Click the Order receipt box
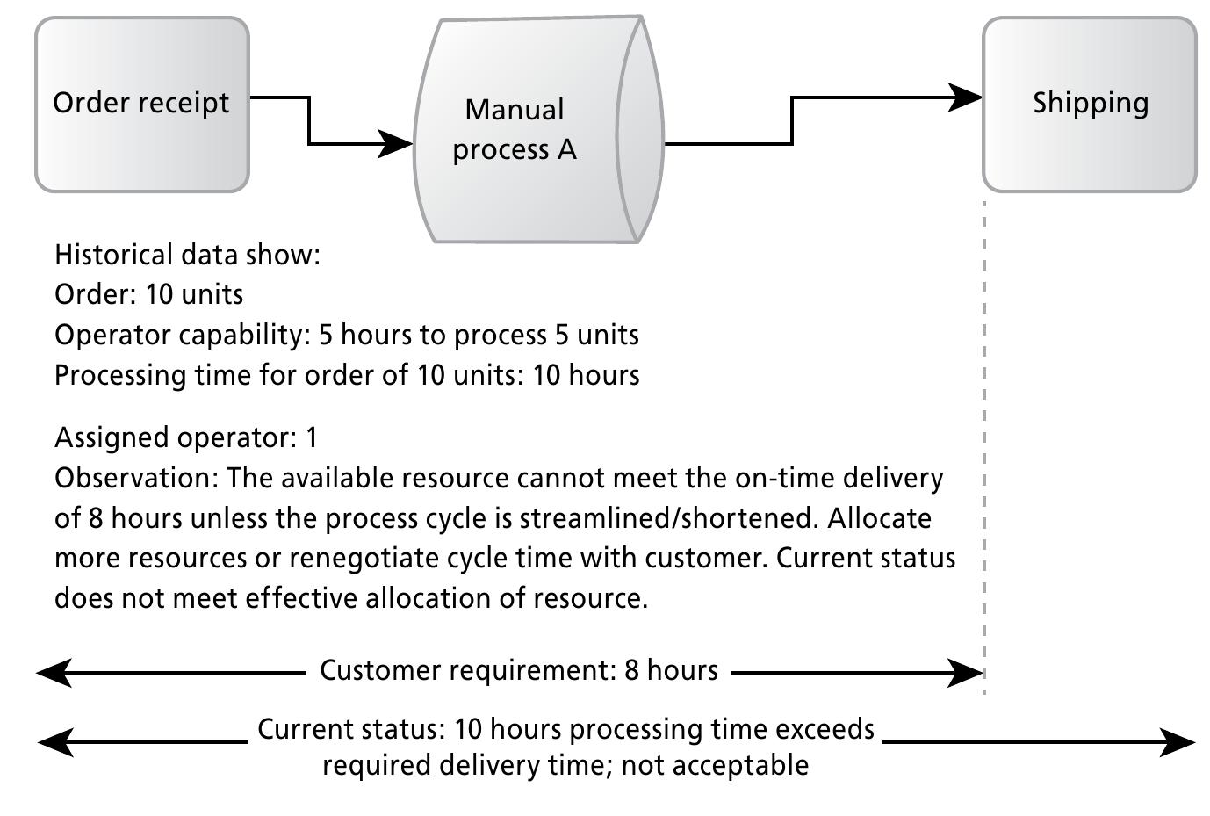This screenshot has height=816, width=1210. [x=142, y=104]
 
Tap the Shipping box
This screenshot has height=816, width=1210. [x=1090, y=104]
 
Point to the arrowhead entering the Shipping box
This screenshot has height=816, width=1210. [x=965, y=97]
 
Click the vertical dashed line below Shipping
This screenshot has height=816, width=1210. [x=984, y=439]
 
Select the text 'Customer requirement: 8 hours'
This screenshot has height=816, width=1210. [x=518, y=671]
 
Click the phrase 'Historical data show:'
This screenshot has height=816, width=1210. [x=187, y=255]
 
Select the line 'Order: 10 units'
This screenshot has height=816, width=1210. [x=148, y=294]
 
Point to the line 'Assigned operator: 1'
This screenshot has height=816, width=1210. [x=186, y=437]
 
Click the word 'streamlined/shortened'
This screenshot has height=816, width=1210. [x=669, y=518]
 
